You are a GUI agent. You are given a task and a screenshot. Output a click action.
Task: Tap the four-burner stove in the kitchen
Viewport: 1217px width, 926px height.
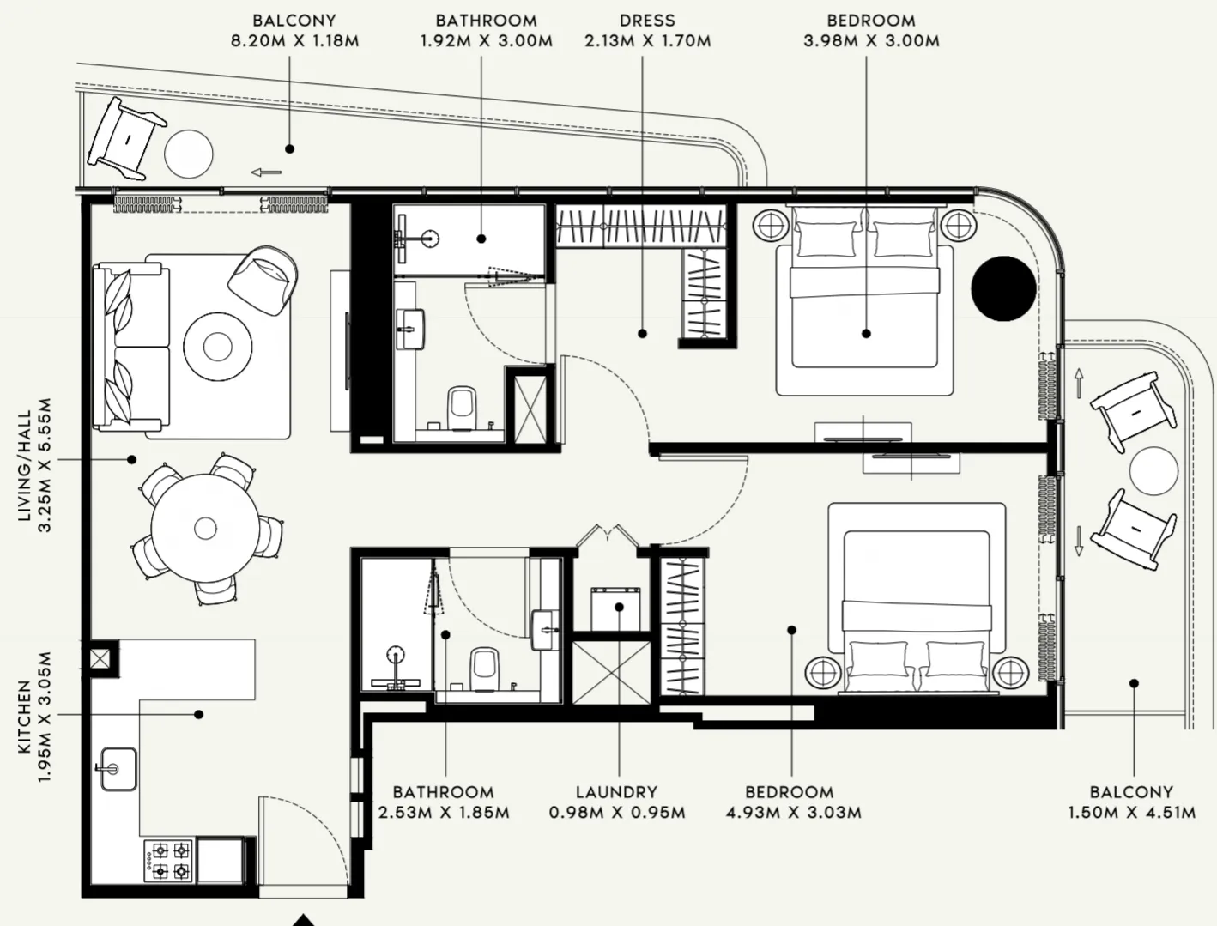click(169, 861)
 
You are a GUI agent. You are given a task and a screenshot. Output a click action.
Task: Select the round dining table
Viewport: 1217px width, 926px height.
click(205, 528)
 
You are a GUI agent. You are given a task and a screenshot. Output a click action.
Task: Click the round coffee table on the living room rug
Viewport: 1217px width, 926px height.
click(216, 346)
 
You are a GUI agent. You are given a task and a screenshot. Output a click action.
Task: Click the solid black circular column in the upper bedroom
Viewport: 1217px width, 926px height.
click(1003, 288)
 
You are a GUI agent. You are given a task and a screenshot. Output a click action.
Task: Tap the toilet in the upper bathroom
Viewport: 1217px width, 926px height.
click(463, 408)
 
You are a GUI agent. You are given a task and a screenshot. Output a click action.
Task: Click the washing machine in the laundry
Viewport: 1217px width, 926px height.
click(616, 608)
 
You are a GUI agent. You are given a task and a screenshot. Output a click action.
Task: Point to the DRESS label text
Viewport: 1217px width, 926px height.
click(647, 21)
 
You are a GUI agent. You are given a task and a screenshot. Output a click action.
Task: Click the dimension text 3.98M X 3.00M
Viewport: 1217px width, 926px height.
click(871, 41)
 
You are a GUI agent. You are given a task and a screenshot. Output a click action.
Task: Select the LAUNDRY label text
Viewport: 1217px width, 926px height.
click(616, 792)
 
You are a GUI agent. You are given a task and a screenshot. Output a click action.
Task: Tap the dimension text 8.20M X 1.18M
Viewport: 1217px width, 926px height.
click(294, 41)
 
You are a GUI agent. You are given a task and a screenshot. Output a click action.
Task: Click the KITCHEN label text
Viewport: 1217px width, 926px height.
click(24, 717)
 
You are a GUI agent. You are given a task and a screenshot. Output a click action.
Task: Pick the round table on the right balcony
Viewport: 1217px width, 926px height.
click(1153, 471)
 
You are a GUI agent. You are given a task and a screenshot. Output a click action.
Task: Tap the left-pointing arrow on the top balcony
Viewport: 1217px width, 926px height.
click(266, 172)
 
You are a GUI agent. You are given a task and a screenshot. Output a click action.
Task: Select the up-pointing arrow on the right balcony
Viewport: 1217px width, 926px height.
click(1078, 383)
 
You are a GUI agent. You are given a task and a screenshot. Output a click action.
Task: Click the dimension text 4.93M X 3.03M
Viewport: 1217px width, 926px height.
click(793, 813)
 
